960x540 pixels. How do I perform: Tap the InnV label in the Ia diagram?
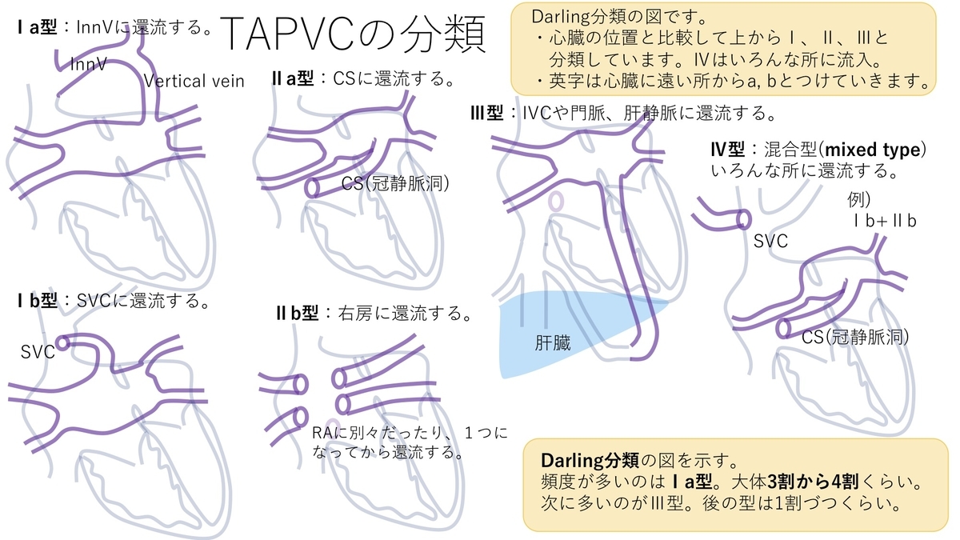click(89, 63)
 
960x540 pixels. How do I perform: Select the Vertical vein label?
click(194, 80)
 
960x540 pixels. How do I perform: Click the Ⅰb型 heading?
click(38, 302)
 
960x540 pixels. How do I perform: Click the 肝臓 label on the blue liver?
click(553, 344)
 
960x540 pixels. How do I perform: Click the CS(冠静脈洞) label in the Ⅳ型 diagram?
click(856, 337)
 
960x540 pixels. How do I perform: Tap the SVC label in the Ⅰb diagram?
click(38, 352)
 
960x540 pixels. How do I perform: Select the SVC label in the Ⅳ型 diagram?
click(771, 241)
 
